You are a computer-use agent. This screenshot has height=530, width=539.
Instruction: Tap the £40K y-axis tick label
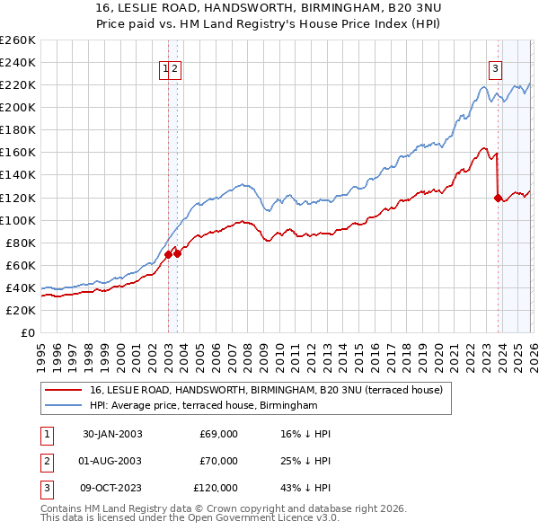(20, 287)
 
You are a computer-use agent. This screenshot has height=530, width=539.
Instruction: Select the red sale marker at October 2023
(498, 198)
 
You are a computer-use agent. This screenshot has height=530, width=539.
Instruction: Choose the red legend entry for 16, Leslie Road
(266, 391)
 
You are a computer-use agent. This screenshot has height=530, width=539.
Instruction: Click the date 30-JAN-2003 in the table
(112, 434)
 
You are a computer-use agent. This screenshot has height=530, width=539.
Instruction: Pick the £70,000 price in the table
(218, 461)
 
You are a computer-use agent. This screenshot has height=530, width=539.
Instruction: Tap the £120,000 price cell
(216, 488)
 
